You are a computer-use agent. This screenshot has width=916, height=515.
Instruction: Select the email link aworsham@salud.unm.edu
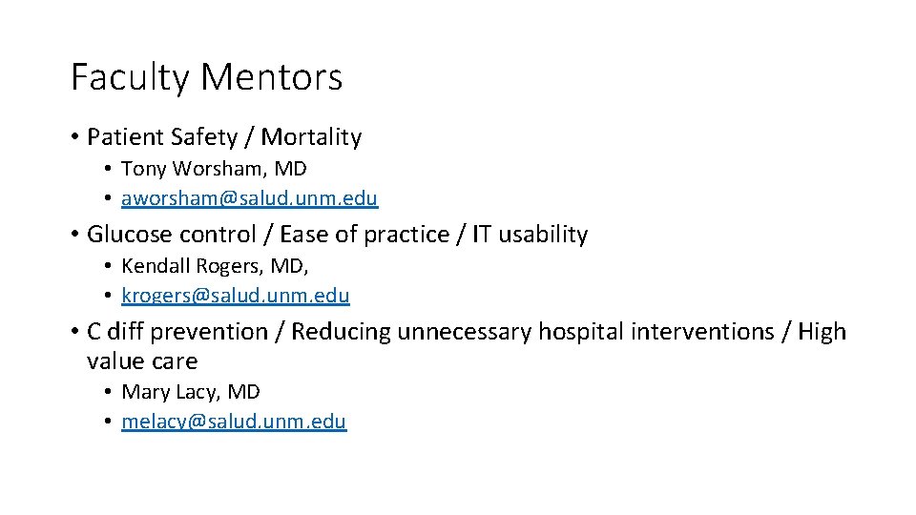coord(249,198)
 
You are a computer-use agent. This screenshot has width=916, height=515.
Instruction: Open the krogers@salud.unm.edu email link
coord(236,296)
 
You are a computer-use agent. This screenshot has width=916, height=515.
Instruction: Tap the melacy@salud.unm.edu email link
coord(234,422)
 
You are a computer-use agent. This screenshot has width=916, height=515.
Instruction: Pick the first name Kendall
coord(155,266)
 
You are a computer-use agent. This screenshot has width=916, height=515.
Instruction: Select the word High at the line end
coord(822,332)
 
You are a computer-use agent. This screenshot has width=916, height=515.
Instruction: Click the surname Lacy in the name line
coord(198,392)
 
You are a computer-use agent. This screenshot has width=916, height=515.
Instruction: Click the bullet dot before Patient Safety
coord(74,138)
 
